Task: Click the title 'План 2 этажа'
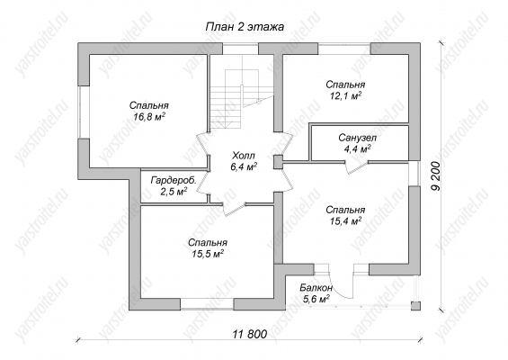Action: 245,27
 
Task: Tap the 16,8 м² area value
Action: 149,116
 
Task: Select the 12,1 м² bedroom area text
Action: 345,95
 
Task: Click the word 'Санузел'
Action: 358,139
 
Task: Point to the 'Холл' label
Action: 244,156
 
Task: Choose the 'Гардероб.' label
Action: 174,181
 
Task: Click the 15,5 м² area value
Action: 208,254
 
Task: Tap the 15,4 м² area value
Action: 345,221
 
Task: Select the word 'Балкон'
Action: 316,288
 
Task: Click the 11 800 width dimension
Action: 250,334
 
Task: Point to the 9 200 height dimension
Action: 436,176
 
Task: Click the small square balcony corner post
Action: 415,306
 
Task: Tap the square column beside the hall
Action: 278,162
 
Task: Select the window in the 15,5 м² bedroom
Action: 207,304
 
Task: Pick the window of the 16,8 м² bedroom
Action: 84,112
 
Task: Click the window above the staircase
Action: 240,49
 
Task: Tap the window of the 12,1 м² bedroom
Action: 344,49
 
